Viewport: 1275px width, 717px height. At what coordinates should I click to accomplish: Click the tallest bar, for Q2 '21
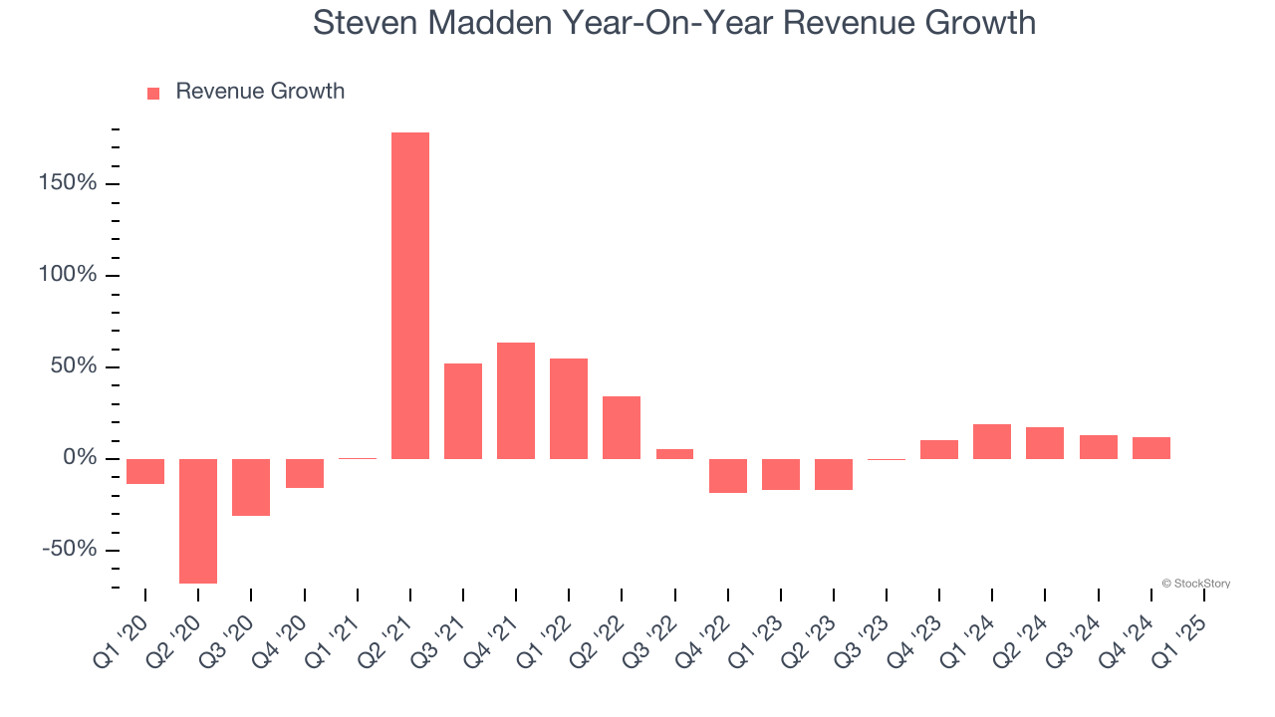410,296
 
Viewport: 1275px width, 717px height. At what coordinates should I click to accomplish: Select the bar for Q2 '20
198,521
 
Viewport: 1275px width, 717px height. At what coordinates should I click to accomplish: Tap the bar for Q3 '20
251,487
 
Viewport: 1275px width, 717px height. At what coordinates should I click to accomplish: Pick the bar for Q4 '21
516,400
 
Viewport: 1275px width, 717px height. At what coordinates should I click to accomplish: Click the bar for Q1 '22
569,408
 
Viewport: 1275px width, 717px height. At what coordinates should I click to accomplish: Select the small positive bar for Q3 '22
674,454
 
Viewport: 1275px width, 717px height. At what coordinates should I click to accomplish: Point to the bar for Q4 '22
728,475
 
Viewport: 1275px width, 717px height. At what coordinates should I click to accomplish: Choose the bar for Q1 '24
992,441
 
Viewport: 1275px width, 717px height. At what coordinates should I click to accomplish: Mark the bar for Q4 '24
1151,448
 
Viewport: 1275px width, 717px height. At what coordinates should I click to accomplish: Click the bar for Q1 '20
145,471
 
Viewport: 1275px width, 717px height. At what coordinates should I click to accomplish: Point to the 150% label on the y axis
69,184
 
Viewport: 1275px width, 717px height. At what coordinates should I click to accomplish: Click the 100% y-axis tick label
69,276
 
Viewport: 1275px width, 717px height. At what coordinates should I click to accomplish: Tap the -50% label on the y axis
69,551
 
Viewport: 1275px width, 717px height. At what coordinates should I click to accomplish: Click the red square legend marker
153,94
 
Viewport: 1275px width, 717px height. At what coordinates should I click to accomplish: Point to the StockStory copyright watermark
1195,584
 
